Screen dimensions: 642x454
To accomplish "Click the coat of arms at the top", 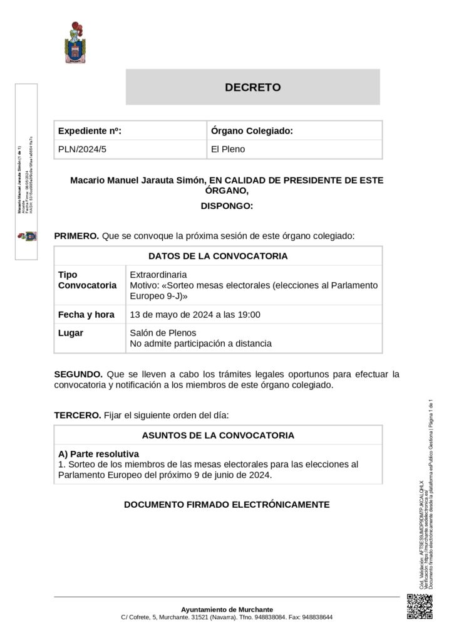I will pos(76,43).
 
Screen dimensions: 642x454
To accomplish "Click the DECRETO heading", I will pos(252,88).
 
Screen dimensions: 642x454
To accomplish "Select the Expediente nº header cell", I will pos(90,130).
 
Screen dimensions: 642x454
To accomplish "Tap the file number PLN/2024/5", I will pos(78,149).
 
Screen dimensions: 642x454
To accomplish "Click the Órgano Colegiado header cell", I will pos(252,130).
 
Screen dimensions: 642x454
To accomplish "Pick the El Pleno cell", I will pos(228,149).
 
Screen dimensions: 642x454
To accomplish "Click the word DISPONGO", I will pos(227,205).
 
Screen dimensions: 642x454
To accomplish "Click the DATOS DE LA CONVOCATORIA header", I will pos(218,256).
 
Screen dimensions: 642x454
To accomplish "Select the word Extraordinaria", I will pos(158,275).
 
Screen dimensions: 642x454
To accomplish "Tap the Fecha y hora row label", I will pos(86,315).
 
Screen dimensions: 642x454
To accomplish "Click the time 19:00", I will pos(248,315).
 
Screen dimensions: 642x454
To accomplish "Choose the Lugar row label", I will pos(71,333).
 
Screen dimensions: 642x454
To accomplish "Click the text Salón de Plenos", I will pos(163,333).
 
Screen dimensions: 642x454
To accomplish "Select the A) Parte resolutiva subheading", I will pos(98,453).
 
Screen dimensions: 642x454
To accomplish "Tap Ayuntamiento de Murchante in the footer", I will pos(227,609).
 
